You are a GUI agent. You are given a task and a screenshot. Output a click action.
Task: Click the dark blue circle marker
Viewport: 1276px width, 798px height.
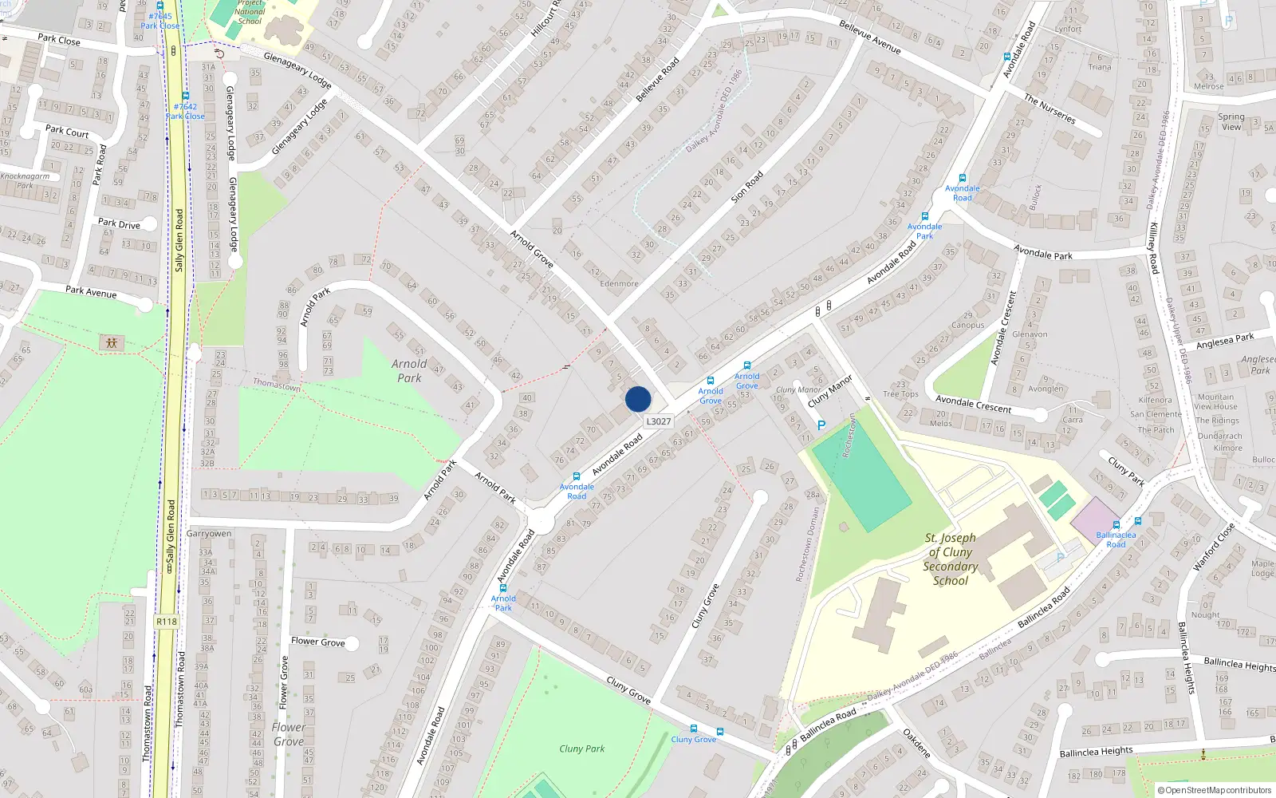pyautogui.click(x=638, y=399)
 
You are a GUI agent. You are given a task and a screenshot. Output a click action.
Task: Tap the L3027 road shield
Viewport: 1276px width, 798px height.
pyautogui.click(x=659, y=421)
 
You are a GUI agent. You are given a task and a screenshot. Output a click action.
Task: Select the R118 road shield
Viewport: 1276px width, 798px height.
pyautogui.click(x=167, y=622)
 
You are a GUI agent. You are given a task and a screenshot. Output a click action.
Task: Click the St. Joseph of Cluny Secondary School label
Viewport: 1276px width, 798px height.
pyautogui.click(x=951, y=559)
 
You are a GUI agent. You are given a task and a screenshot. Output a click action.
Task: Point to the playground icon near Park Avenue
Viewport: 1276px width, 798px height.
pyautogui.click(x=112, y=342)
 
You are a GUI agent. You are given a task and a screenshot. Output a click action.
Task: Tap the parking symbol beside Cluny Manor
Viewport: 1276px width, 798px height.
pyautogui.click(x=821, y=425)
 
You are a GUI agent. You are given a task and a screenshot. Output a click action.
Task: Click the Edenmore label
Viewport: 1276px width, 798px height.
pyautogui.click(x=619, y=283)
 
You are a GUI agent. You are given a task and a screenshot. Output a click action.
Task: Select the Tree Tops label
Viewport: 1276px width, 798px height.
pyautogui.click(x=900, y=394)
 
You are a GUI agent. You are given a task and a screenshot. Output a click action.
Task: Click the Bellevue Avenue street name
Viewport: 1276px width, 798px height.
pyautogui.click(x=869, y=37)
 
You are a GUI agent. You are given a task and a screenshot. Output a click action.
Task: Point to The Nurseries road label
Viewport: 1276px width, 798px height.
pyautogui.click(x=1050, y=109)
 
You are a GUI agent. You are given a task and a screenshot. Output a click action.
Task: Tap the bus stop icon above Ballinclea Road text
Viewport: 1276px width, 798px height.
pyautogui.click(x=1138, y=522)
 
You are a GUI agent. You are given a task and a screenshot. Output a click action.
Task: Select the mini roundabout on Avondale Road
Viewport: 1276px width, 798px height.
pyautogui.click(x=541, y=522)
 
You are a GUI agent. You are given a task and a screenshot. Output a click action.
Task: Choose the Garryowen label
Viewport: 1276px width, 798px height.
pyautogui.click(x=209, y=533)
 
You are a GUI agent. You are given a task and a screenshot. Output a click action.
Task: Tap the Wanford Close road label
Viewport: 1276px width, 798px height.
pyautogui.click(x=1214, y=547)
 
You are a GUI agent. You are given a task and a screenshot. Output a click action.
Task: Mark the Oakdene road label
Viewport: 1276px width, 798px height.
pyautogui.click(x=917, y=743)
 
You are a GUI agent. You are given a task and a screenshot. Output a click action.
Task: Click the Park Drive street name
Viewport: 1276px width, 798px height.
pyautogui.click(x=119, y=224)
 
